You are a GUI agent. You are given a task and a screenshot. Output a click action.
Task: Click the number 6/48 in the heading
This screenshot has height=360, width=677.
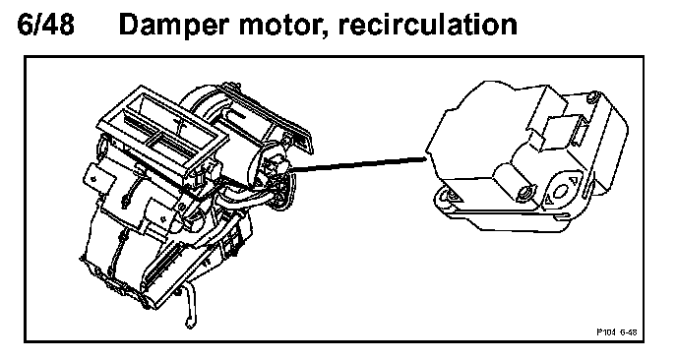(46, 24)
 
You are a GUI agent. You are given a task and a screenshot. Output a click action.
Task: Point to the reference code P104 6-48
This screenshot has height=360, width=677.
(616, 331)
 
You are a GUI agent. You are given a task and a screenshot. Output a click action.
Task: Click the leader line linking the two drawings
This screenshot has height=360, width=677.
(359, 163)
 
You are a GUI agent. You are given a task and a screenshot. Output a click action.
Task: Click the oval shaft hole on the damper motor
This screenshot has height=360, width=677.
(562, 191)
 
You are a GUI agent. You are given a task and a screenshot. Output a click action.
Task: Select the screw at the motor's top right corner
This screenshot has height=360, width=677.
(594, 96)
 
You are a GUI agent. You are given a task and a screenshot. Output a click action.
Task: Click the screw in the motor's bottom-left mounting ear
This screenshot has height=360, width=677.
(452, 196)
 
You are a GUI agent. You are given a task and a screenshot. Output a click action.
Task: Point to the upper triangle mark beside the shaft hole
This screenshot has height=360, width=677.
(574, 181)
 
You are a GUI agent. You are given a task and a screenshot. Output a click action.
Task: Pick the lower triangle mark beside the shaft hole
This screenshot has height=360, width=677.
(548, 200)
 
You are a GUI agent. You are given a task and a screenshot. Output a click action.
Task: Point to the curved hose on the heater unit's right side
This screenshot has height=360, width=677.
(243, 199)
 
